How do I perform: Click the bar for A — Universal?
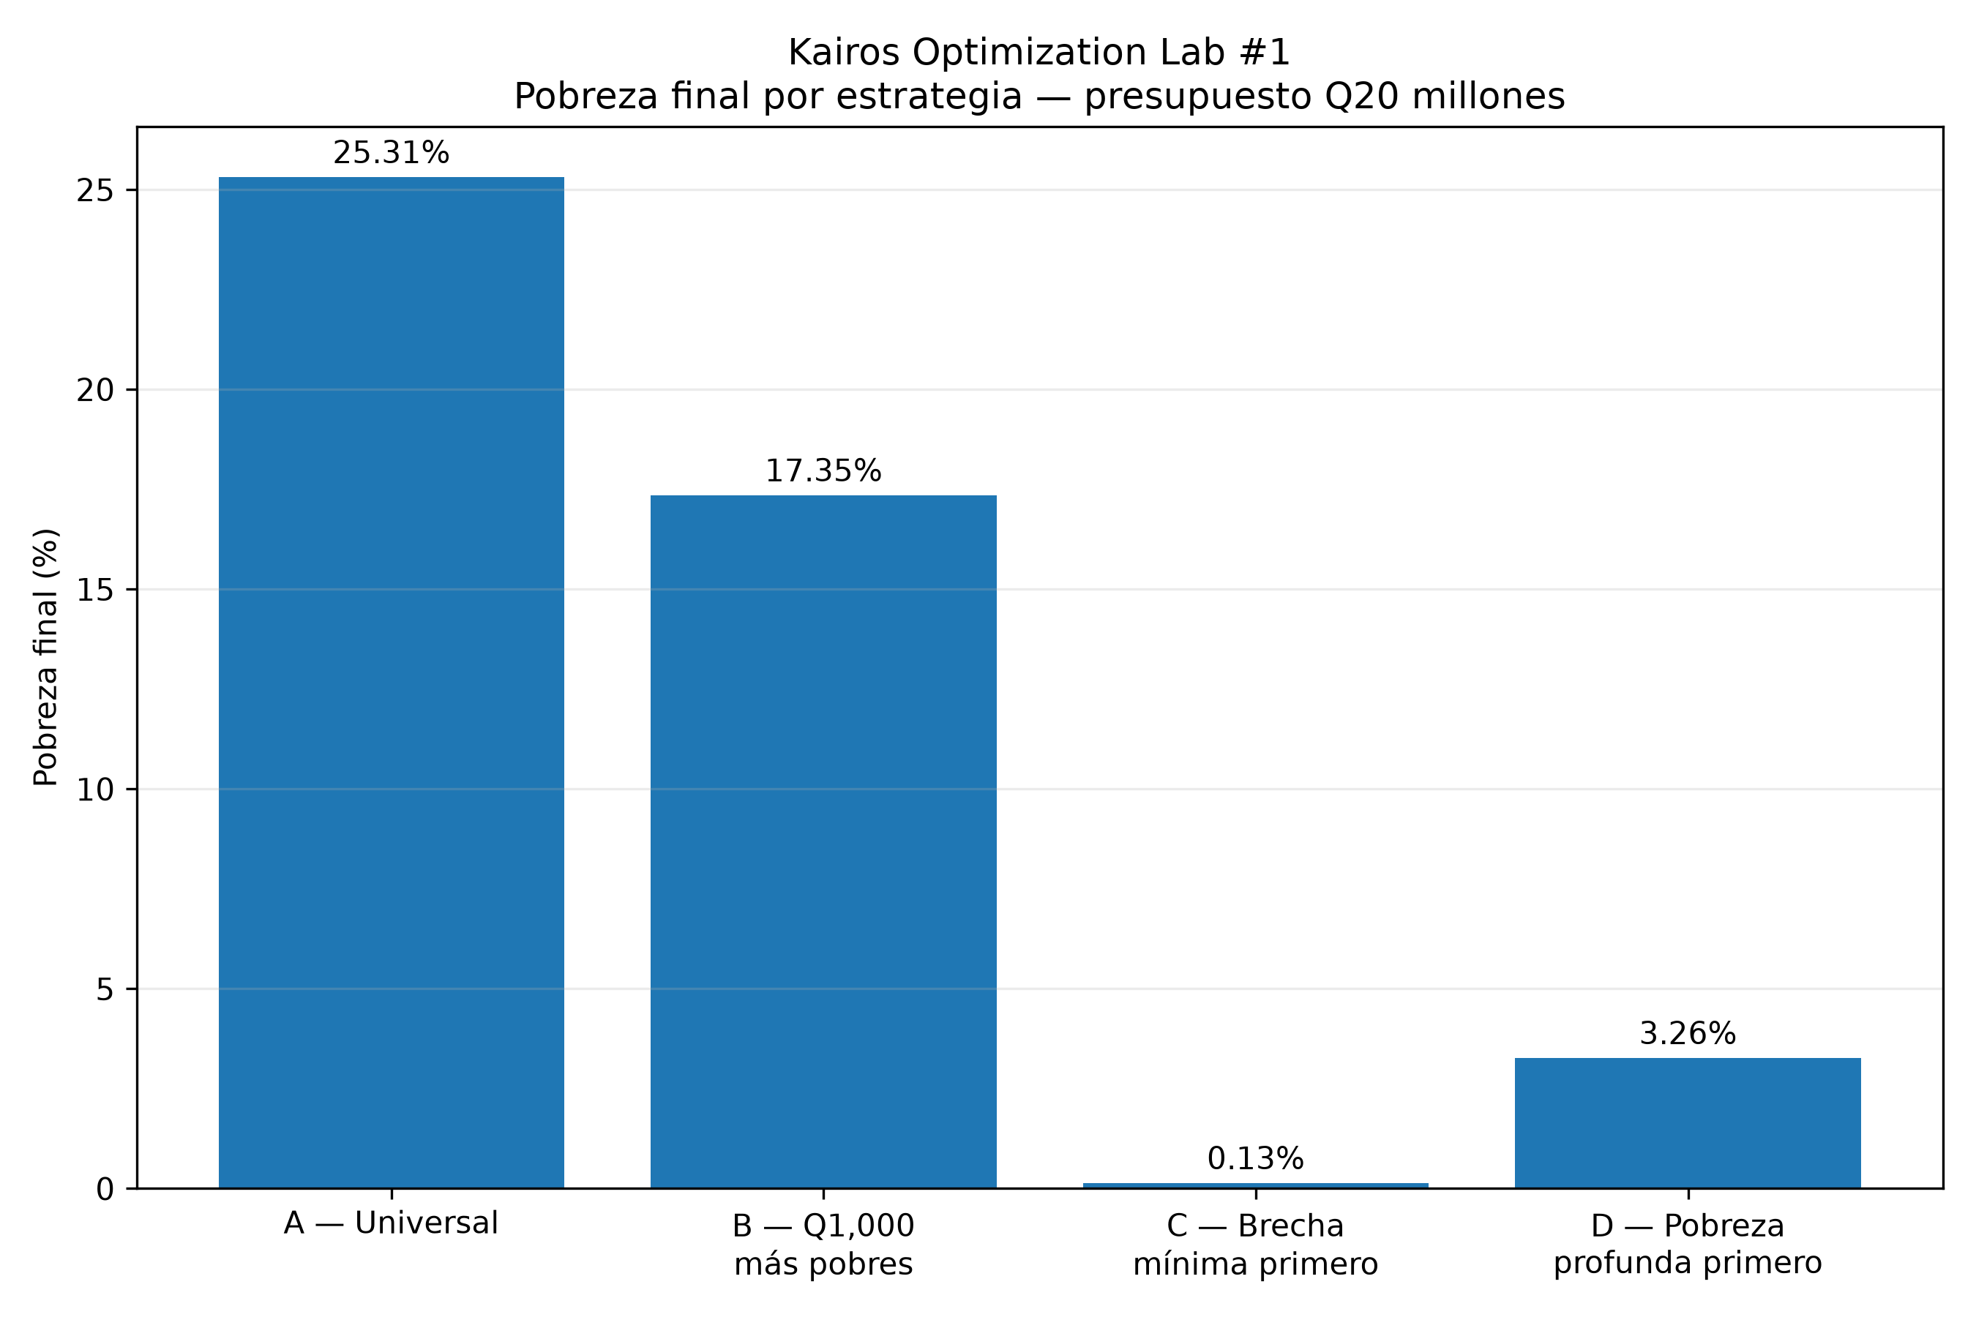pyautogui.click(x=392, y=683)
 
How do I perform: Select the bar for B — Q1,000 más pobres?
pyautogui.click(x=823, y=841)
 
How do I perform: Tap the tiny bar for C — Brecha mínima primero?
pyautogui.click(x=1255, y=1185)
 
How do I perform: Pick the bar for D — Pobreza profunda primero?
pyautogui.click(x=1688, y=1123)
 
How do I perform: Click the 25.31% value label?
pyautogui.click(x=392, y=153)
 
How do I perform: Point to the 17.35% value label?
pyautogui.click(x=823, y=471)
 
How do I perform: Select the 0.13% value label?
pyautogui.click(x=1255, y=1159)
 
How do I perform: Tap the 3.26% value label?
pyautogui.click(x=1688, y=1034)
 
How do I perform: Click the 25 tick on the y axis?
pyautogui.click(x=95, y=191)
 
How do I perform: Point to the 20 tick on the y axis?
pyautogui.click(x=95, y=391)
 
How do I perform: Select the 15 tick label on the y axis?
pyautogui.click(x=95, y=590)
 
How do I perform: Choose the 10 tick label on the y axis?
pyautogui.click(x=95, y=789)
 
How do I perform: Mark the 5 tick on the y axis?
pyautogui.click(x=105, y=989)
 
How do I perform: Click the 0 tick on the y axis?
pyautogui.click(x=105, y=1190)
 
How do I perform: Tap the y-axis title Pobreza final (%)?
pyautogui.click(x=46, y=658)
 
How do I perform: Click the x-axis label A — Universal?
pyautogui.click(x=392, y=1223)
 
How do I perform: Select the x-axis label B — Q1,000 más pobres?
pyautogui.click(x=823, y=1245)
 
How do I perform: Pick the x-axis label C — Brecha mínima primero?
pyautogui.click(x=1255, y=1245)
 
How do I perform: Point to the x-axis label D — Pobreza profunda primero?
pyautogui.click(x=1688, y=1245)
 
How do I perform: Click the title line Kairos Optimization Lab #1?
pyautogui.click(x=1039, y=53)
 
